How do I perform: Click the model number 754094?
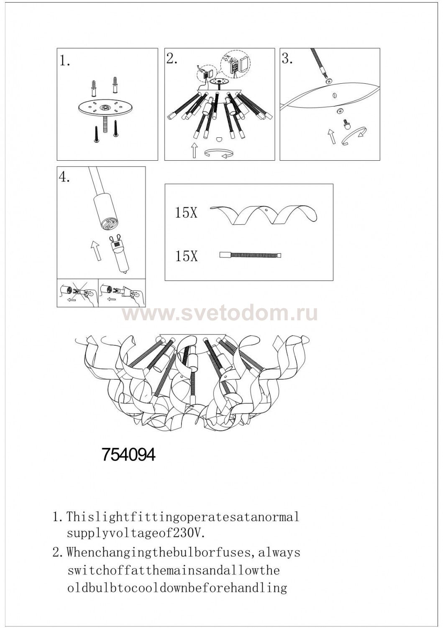[x=128, y=455]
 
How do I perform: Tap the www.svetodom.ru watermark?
[x=220, y=314]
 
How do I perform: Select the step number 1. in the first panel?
[x=65, y=61]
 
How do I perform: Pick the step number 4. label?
[x=65, y=177]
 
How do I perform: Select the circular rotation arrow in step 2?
[x=219, y=153]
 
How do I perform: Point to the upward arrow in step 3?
[x=331, y=136]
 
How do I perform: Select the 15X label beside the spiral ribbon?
[x=186, y=213]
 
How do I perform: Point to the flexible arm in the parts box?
[x=250, y=255]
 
